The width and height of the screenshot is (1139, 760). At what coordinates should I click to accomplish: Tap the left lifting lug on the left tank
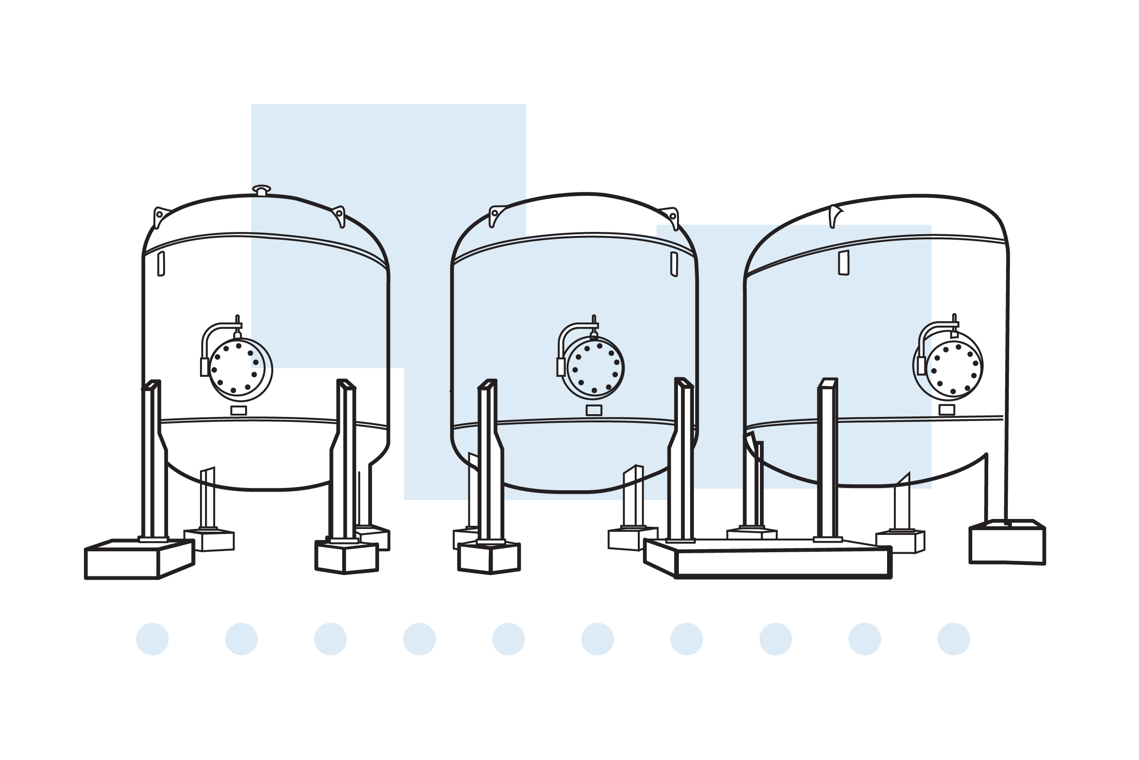pyautogui.click(x=159, y=216)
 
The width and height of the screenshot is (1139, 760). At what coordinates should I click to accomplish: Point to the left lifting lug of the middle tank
pyautogui.click(x=494, y=215)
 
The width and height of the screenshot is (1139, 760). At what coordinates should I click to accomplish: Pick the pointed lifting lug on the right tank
pyautogui.click(x=833, y=216)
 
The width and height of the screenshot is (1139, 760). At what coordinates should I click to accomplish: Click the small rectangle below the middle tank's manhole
pyautogui.click(x=594, y=410)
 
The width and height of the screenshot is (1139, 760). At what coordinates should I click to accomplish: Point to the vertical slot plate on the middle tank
pyautogui.click(x=674, y=264)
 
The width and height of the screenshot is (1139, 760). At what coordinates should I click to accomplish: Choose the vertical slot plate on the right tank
pyautogui.click(x=844, y=263)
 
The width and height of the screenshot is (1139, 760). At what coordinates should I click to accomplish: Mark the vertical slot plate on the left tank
pyautogui.click(x=161, y=263)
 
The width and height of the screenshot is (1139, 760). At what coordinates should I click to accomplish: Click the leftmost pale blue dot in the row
pyautogui.click(x=153, y=639)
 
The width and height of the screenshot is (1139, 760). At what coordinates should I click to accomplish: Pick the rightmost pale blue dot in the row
pyautogui.click(x=954, y=639)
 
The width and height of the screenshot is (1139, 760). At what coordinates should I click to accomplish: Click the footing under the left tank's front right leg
pyautogui.click(x=347, y=557)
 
